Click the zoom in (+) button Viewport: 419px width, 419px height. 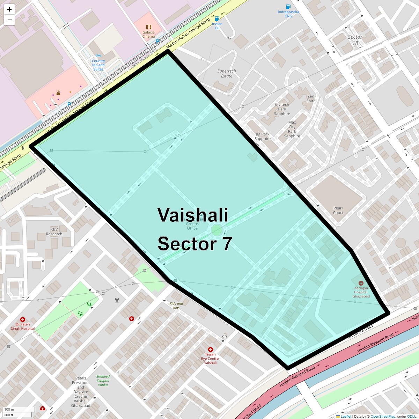click(9, 9)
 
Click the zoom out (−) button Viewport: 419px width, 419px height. click(9, 20)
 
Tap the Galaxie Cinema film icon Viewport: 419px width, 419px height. click(149, 27)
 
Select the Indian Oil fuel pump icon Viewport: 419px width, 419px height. click(217, 19)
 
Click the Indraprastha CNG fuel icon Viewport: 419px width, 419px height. click(288, 7)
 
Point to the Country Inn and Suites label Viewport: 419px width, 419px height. click(98, 65)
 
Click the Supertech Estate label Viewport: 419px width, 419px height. click(226, 73)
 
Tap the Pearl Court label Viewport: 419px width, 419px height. click(338, 210)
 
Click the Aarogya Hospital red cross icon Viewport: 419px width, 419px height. click(361, 283)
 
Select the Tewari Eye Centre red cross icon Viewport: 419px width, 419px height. click(210, 350)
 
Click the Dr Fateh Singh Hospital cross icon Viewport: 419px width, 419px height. click(23, 319)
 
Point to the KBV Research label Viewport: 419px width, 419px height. click(54, 232)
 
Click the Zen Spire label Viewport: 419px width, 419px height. click(311, 98)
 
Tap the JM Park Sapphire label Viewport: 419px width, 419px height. click(263, 136)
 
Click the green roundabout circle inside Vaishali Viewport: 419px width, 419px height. click(217, 230)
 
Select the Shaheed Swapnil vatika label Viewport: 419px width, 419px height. click(103, 381)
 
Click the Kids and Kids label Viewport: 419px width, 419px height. click(176, 306)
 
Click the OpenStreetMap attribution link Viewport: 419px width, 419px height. click(383, 416)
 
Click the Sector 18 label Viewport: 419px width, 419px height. click(355, 40)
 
